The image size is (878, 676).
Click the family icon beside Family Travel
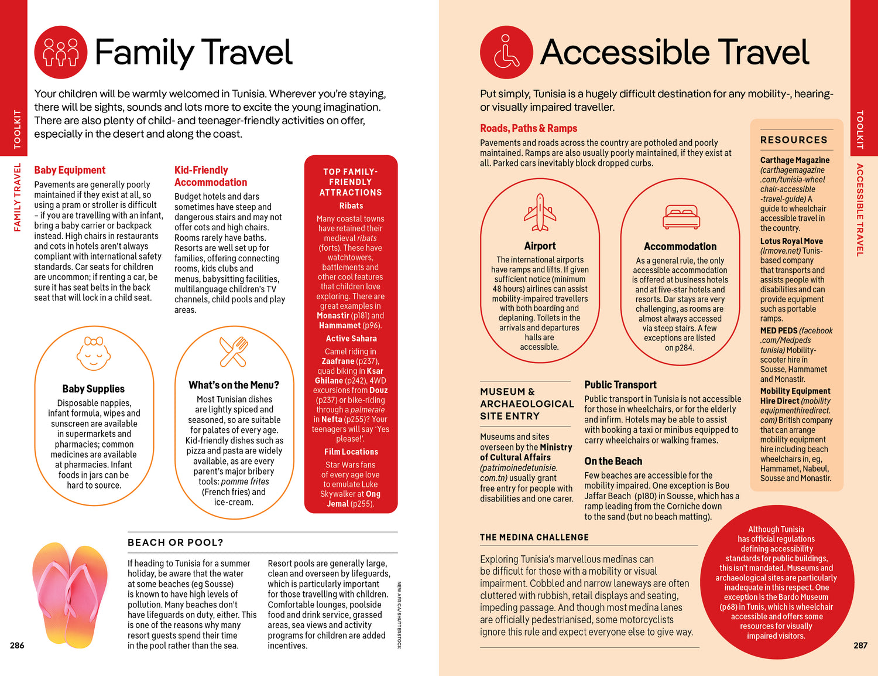pyautogui.click(x=61, y=52)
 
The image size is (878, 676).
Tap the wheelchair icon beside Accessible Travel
pyautogui.click(x=506, y=52)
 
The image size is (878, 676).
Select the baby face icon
pyautogui.click(x=94, y=353)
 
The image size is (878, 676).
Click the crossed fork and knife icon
pyautogui.click(x=234, y=351)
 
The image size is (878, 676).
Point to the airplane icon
pyautogui.click(x=540, y=212)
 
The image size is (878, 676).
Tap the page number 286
pyautogui.click(x=17, y=646)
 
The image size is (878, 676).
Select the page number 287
pyautogui.click(x=860, y=646)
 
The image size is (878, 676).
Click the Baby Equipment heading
pyautogui.click(x=70, y=170)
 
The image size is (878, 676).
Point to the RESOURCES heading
pyautogui.click(x=794, y=140)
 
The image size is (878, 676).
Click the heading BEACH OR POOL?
pyautogui.click(x=176, y=542)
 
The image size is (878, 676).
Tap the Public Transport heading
pyautogui.click(x=620, y=385)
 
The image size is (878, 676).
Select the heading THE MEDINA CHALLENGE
pyautogui.click(x=534, y=537)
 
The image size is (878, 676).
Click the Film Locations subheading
pyautogui.click(x=351, y=452)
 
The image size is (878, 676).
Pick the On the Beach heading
pyautogui.click(x=613, y=462)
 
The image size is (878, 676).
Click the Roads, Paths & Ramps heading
pyautogui.click(x=528, y=128)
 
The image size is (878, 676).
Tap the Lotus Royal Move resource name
pyautogui.click(x=791, y=241)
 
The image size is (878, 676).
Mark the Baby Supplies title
pyautogui.click(x=94, y=389)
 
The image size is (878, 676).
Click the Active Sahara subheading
pyautogui.click(x=351, y=339)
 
